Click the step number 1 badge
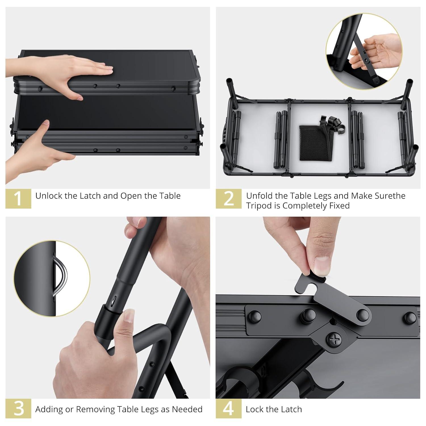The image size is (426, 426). pyautogui.click(x=18, y=199)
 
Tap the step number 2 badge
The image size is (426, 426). pyautogui.click(x=229, y=199)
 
